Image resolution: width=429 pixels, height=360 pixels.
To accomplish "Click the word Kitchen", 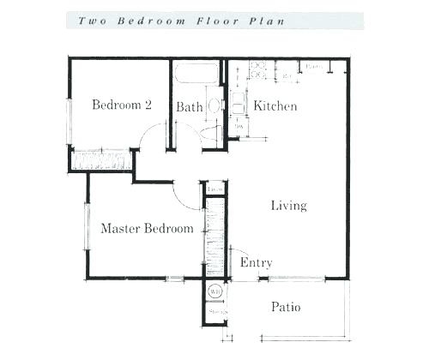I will click(x=275, y=106).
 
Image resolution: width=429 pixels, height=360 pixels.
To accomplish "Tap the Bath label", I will click(x=189, y=107).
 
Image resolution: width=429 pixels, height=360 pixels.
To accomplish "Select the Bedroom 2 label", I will click(x=122, y=105).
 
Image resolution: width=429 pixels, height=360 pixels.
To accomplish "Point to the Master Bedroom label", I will click(x=147, y=229).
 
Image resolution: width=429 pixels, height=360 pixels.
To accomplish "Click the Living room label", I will click(x=289, y=206).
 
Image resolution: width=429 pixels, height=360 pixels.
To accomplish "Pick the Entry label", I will click(x=256, y=263).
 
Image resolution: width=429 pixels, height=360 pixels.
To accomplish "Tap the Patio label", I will click(x=286, y=307).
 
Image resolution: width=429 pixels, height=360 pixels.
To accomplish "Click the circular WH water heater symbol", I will click(x=214, y=291).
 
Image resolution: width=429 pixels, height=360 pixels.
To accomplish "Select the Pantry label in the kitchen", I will click(x=314, y=66).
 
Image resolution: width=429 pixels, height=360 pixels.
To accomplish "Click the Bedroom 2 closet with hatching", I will click(x=101, y=159).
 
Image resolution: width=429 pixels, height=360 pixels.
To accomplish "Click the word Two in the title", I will click(x=89, y=20).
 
